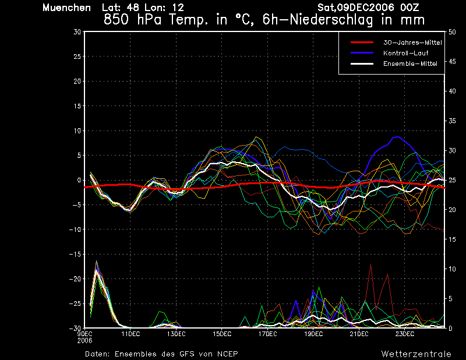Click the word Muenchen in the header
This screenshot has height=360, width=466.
(x=66, y=8)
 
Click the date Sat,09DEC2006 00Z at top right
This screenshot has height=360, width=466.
(x=368, y=8)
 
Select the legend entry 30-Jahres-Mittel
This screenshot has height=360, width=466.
(x=412, y=43)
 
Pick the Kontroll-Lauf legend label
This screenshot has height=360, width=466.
(x=405, y=53)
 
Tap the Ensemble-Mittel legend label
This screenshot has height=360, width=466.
(x=410, y=63)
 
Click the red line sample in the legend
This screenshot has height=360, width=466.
(x=362, y=43)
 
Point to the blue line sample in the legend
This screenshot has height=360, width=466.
(x=362, y=53)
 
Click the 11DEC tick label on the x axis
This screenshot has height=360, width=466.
(x=130, y=334)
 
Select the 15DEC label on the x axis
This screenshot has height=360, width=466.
(x=222, y=334)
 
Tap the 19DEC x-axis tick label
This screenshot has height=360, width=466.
(x=313, y=334)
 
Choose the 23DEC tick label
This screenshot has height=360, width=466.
(x=405, y=334)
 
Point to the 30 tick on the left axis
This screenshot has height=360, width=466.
(x=77, y=32)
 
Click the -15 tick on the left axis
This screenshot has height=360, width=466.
(x=75, y=255)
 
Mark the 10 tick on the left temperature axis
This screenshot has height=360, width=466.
(x=77, y=131)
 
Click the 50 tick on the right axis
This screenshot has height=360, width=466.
(x=452, y=32)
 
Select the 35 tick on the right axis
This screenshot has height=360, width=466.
(x=452, y=121)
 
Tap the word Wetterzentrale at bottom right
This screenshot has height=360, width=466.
(x=416, y=354)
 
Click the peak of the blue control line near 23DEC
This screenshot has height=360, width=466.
(x=398, y=137)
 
